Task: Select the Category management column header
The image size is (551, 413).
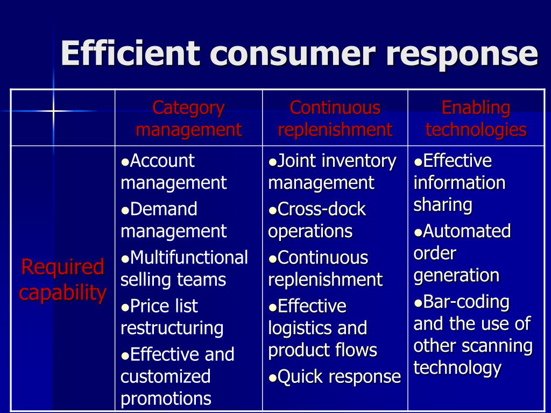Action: (188, 118)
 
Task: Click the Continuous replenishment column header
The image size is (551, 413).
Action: (335, 118)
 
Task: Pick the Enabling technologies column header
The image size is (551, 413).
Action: (476, 118)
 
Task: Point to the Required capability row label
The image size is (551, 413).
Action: (62, 280)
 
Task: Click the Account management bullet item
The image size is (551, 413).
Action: (173, 172)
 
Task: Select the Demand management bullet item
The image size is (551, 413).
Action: (173, 220)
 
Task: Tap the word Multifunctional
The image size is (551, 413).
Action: (189, 258)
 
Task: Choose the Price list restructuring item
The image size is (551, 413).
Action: (172, 317)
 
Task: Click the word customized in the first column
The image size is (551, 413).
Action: (165, 376)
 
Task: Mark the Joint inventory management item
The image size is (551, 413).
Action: (332, 172)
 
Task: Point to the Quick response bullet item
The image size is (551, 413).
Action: (339, 377)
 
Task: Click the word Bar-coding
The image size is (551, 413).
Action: (466, 302)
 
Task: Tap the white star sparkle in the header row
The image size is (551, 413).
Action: (53, 111)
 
